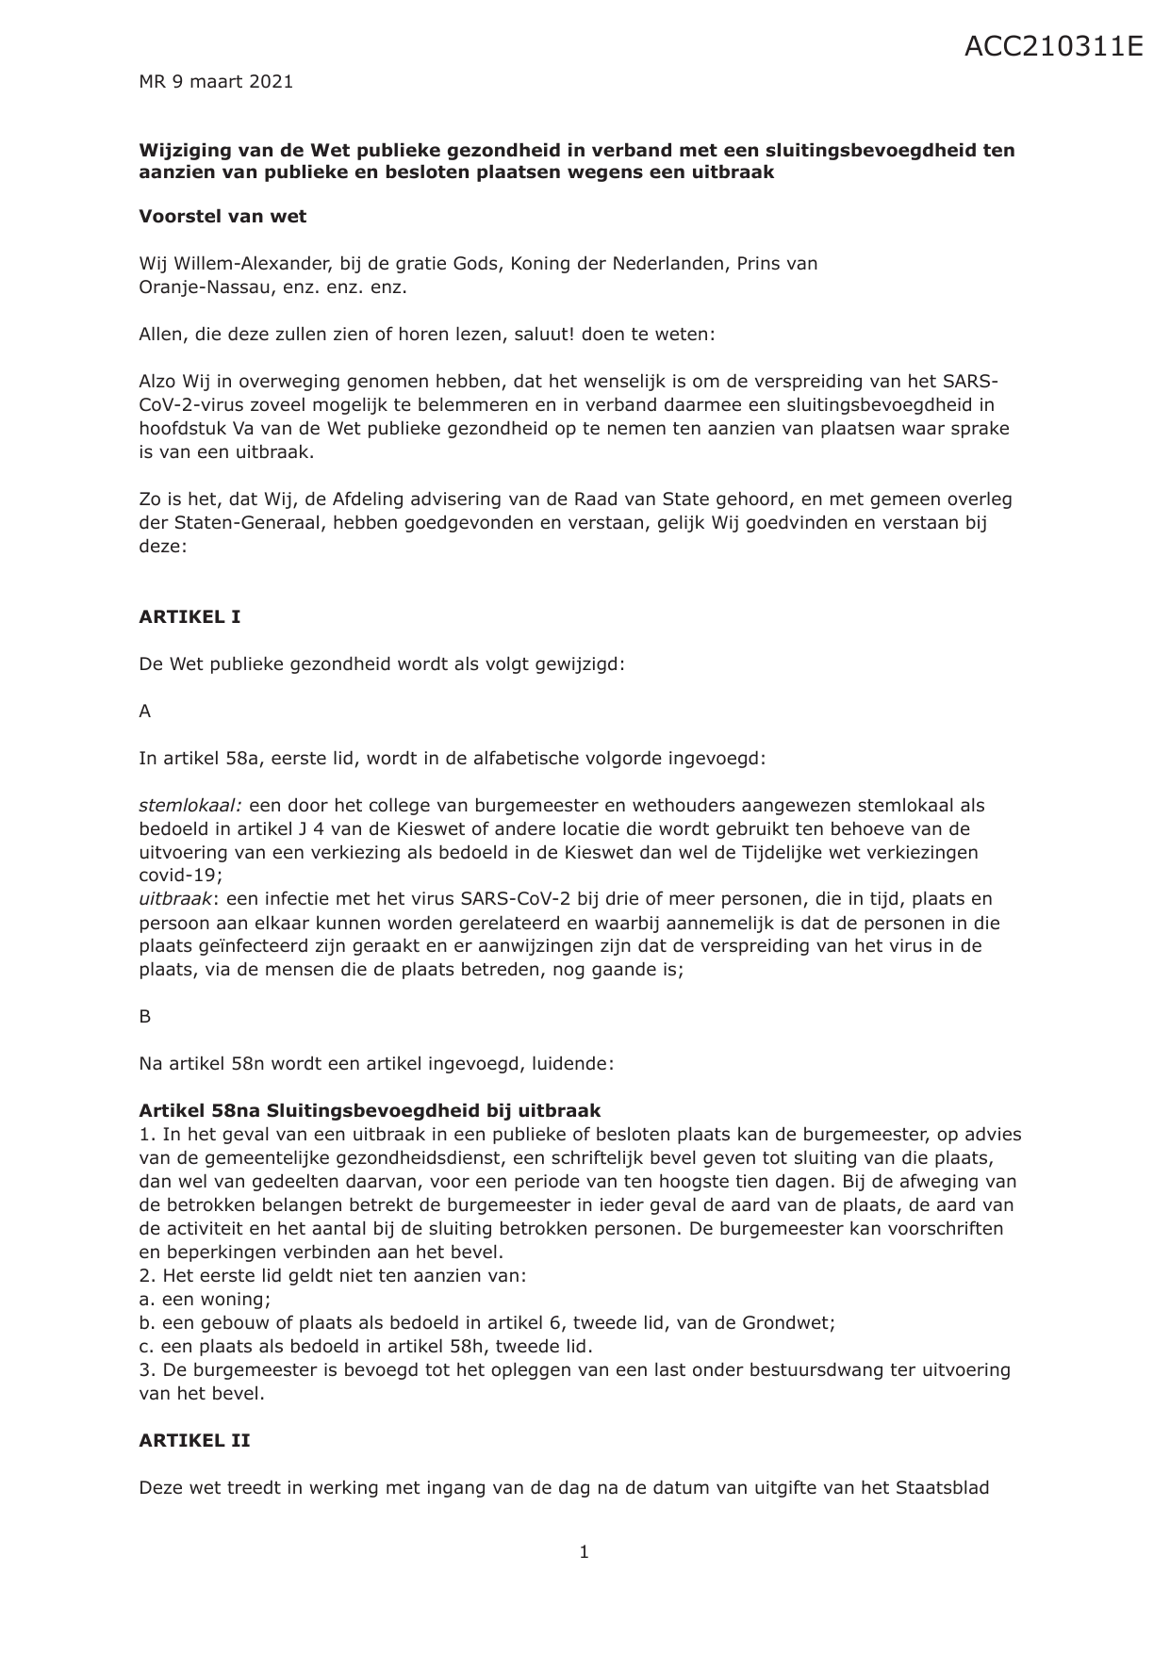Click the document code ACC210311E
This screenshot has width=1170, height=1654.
1053,45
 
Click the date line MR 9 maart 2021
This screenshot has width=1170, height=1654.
216,82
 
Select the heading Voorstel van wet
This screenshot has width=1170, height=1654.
222,216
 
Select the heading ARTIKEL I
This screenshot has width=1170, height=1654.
190,617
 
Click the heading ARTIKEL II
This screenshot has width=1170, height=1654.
194,1441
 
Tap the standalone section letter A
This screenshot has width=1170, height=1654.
145,712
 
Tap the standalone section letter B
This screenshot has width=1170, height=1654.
145,1017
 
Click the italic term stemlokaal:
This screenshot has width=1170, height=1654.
191,806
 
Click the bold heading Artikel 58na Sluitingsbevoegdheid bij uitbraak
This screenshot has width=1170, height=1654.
370,1111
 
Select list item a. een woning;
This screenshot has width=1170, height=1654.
205,1300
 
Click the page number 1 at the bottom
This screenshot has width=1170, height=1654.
585,1552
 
